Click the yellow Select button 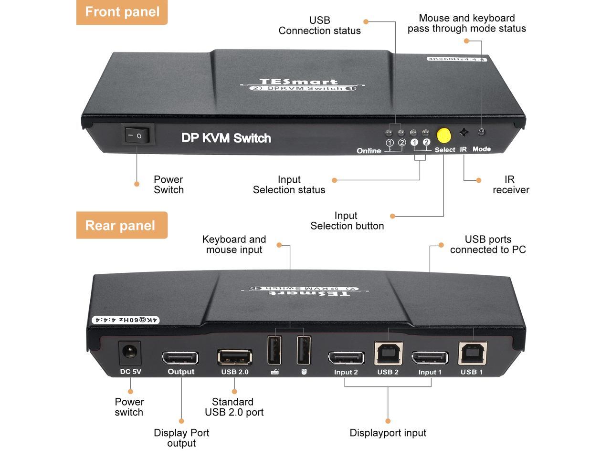(444, 135)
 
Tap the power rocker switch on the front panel (137, 135)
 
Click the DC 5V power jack (130, 353)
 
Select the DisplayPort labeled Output (180, 358)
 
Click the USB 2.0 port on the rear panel (235, 357)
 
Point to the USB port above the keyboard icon (274, 351)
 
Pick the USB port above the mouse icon (304, 351)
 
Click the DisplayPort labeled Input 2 (346, 358)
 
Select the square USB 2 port (389, 354)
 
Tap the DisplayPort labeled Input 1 (430, 358)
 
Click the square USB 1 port (472, 354)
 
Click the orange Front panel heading (122, 12)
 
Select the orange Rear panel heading (121, 225)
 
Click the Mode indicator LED (482, 132)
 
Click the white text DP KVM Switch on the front (226, 138)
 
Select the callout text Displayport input (388, 433)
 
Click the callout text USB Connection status (319, 25)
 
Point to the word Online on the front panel (369, 151)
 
